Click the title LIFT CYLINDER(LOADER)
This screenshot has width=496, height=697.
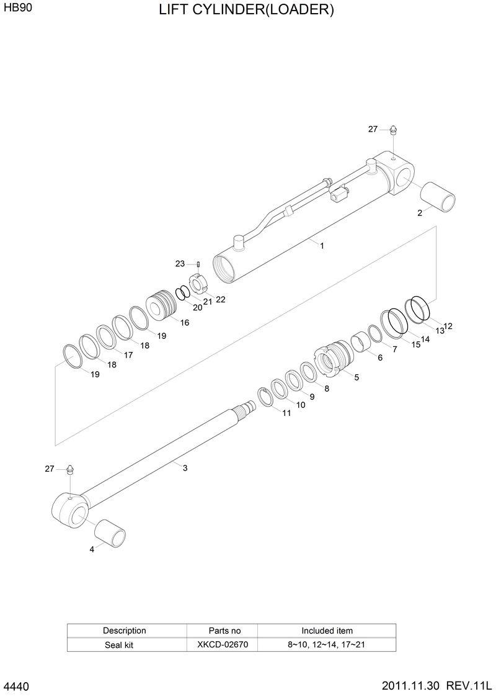[246, 10]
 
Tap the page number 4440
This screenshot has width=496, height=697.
[17, 687]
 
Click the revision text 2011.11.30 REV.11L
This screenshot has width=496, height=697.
[436, 686]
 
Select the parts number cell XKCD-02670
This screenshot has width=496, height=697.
[222, 645]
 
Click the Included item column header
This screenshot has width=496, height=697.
[327, 631]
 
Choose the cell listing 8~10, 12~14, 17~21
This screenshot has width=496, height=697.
[326, 645]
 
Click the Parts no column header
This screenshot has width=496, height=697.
[222, 631]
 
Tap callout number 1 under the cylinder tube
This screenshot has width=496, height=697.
[322, 246]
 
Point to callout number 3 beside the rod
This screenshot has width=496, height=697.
[185, 468]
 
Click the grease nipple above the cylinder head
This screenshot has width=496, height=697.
[391, 130]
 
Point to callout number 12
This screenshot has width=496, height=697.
[448, 326]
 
